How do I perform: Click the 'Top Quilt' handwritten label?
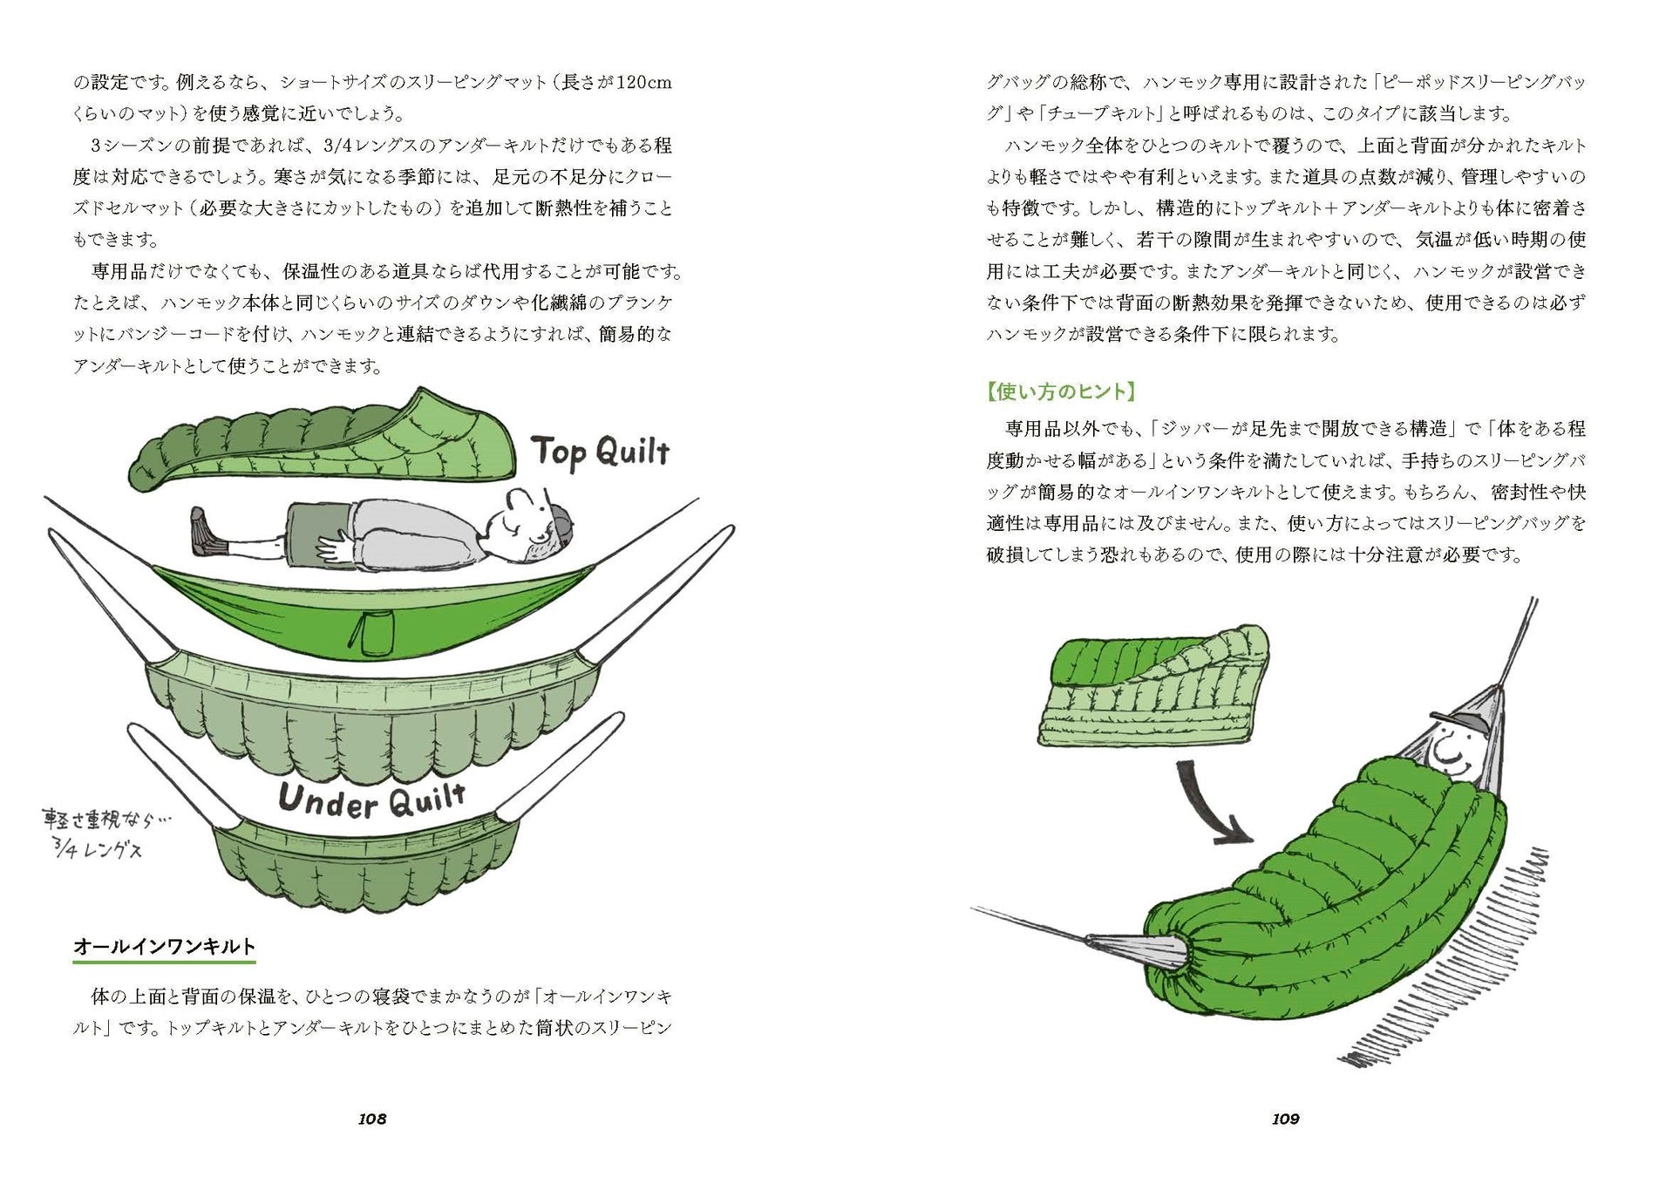601,452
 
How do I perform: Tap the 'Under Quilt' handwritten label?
372,799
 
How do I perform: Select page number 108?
372,1119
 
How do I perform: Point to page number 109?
1286,1119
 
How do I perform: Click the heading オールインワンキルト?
164,947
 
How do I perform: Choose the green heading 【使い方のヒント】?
1061,391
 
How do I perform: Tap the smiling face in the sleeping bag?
1449,746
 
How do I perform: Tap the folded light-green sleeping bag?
1151,689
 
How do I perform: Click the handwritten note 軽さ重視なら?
106,820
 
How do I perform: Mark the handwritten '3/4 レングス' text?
98,847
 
